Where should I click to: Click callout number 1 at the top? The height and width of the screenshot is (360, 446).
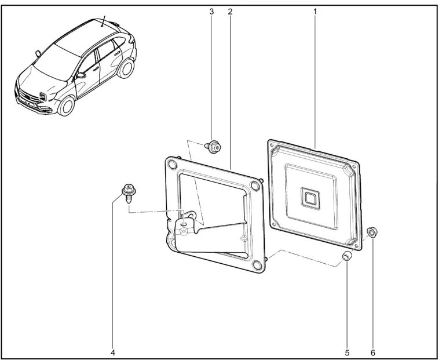point(315,12)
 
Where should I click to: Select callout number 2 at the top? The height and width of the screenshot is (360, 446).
point(230,12)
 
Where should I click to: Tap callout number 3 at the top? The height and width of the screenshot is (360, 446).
point(211,12)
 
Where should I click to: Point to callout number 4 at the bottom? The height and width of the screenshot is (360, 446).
point(113,353)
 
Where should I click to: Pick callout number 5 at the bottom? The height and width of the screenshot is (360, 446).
point(347,353)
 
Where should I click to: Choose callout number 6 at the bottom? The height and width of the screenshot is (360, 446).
point(373,353)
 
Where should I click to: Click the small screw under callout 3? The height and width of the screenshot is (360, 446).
point(213,147)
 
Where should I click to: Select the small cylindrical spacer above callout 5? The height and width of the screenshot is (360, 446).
point(346,256)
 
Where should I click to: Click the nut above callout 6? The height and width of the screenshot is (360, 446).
point(372,232)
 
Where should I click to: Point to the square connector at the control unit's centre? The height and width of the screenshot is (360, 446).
point(309,197)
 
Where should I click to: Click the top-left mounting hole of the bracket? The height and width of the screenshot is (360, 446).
point(172,164)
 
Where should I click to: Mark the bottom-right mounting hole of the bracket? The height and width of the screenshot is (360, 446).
point(257,265)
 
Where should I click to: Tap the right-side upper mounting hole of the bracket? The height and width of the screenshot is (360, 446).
point(254,186)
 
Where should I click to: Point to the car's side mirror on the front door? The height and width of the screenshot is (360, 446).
point(81,75)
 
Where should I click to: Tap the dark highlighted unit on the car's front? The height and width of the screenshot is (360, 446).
point(43,96)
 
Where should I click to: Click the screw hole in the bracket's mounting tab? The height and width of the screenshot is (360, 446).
point(185,224)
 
